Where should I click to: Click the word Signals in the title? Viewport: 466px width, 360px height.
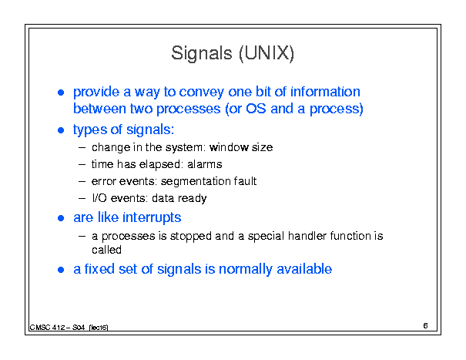pyautogui.click(x=201, y=54)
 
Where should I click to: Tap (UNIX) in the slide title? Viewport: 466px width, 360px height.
pyautogui.click(x=267, y=54)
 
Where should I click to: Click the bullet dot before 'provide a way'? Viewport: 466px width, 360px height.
pyautogui.click(x=61, y=93)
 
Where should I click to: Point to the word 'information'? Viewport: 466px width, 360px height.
pyautogui.click(x=325, y=92)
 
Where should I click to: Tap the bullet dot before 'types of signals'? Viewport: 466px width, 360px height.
pyautogui.click(x=61, y=130)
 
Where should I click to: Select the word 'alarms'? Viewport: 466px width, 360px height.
pyautogui.click(x=205, y=164)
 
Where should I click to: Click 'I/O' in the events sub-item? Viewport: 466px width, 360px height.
pyautogui.click(x=99, y=198)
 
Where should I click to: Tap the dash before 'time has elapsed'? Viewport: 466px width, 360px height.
pyautogui.click(x=82, y=164)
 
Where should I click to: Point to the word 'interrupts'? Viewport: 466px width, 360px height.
pyautogui.click(x=152, y=217)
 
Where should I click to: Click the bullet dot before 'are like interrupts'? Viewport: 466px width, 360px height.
pyautogui.click(x=61, y=218)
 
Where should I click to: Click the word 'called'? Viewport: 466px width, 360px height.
pyautogui.click(x=107, y=250)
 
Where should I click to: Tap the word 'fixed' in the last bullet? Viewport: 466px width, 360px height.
pyautogui.click(x=99, y=269)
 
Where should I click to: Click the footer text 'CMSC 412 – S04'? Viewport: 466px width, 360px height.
pyautogui.click(x=57, y=328)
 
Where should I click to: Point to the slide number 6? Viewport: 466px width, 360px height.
pyautogui.click(x=426, y=326)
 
